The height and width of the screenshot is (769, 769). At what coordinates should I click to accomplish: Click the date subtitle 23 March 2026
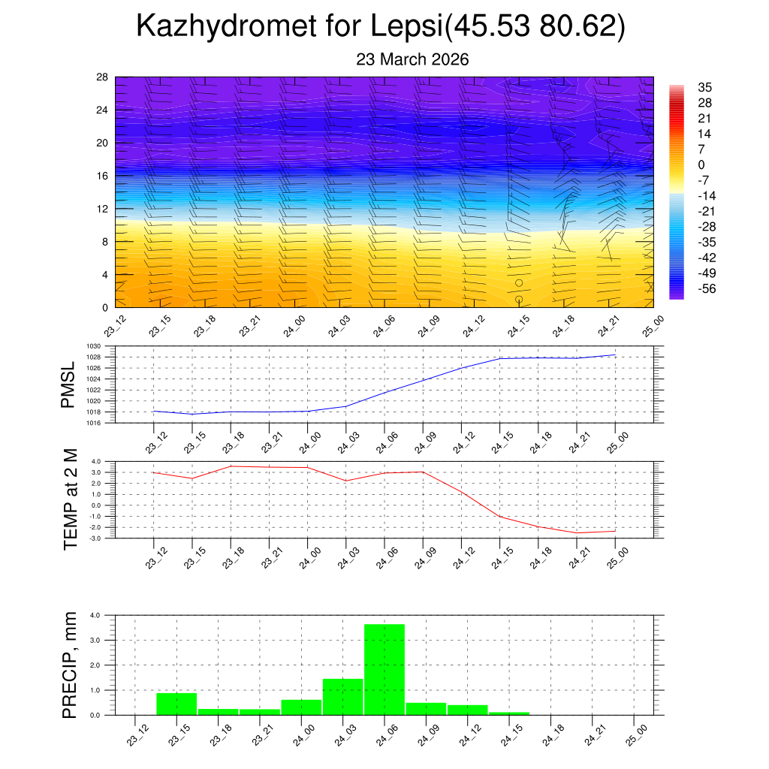pos(412,59)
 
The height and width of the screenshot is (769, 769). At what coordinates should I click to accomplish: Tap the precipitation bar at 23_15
pos(176,704)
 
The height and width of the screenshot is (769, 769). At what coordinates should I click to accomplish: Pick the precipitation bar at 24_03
pos(342,696)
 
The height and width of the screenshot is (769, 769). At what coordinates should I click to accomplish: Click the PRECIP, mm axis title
pos(71,665)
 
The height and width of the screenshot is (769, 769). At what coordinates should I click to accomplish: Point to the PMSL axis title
pos(68,384)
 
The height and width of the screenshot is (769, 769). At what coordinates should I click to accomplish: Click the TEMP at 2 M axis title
pos(71,499)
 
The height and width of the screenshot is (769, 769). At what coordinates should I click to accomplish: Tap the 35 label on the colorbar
pos(704,88)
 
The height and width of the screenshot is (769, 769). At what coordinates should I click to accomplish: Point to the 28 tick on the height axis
pos(103,77)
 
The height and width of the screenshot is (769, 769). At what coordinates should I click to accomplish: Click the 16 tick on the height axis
pos(103,176)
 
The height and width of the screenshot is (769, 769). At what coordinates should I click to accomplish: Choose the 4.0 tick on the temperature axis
pos(95,462)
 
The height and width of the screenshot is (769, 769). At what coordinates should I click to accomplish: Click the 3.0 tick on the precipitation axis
pos(95,640)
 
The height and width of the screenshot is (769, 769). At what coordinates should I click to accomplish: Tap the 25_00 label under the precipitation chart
pos(635,734)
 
